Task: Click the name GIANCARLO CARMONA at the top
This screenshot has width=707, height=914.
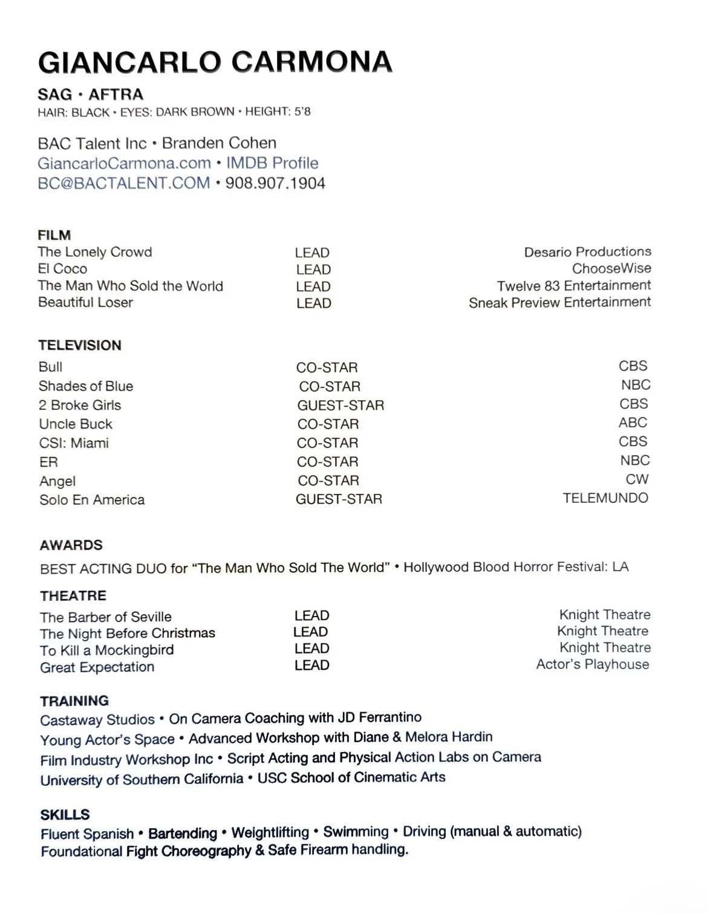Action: coord(215,62)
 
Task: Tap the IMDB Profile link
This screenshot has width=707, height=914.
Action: coord(272,163)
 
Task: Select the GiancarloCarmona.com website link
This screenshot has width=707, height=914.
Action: coord(124,163)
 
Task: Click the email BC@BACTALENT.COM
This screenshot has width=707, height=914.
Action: coord(123,183)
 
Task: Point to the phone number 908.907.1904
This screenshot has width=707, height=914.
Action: coord(275,183)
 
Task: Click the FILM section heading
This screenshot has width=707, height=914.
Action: coord(54,235)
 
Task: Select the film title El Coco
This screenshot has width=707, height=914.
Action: coord(63,269)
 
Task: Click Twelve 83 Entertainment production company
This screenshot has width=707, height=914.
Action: coord(573,286)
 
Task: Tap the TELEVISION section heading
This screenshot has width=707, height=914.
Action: coord(80,346)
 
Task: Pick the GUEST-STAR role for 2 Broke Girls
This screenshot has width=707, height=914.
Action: coord(340,406)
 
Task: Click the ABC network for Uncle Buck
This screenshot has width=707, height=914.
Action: coord(633,423)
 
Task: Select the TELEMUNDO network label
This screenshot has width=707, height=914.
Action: coord(605,498)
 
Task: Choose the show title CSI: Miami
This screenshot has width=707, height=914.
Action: coord(74,443)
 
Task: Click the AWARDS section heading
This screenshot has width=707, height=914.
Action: coord(71,545)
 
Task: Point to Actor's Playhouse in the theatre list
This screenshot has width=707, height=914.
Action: coord(592,664)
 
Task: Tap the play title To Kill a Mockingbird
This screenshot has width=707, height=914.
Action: coord(106,650)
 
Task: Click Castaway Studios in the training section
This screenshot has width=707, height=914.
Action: coord(97,720)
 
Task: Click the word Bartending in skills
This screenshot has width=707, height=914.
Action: coord(182,834)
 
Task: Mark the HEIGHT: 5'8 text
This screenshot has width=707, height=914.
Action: coord(278,112)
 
